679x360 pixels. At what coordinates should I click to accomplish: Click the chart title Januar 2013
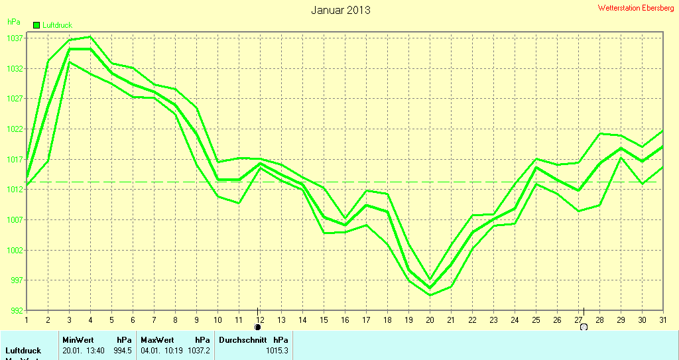point(341,10)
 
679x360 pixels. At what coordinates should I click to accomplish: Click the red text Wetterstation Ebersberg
point(635,8)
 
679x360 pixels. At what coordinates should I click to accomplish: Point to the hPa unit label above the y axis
point(14,22)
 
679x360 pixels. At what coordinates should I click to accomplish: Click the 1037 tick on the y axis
point(15,38)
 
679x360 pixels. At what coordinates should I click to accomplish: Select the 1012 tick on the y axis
point(15,190)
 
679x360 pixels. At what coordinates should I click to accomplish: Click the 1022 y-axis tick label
point(15,129)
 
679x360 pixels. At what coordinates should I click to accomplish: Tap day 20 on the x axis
point(430,320)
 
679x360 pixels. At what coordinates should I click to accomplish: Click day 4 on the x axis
point(90,320)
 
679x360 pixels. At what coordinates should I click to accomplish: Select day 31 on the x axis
point(662,320)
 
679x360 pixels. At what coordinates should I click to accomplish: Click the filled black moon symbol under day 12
point(258,327)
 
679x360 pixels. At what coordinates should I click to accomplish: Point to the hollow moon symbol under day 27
point(584,327)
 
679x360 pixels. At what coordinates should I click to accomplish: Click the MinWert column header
point(78,339)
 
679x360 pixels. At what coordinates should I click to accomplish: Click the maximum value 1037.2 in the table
point(199,350)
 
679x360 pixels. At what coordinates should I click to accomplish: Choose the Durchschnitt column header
point(243,339)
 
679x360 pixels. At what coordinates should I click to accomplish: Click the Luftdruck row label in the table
point(23,350)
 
